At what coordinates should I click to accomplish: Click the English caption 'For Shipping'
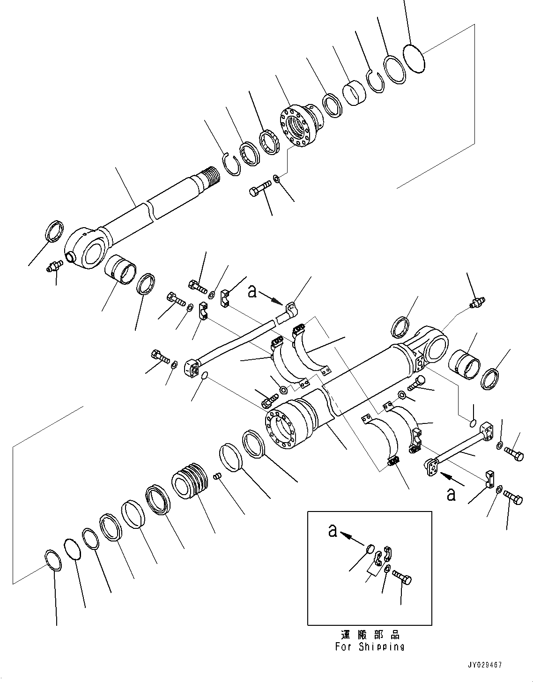pos(370,647)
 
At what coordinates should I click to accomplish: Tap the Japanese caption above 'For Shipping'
pos(370,635)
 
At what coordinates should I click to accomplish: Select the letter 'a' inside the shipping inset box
pos(333,531)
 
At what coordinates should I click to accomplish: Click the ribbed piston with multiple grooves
pos(190,483)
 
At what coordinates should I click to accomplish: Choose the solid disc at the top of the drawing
pos(414,58)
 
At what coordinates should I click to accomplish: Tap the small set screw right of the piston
pos(217,476)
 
